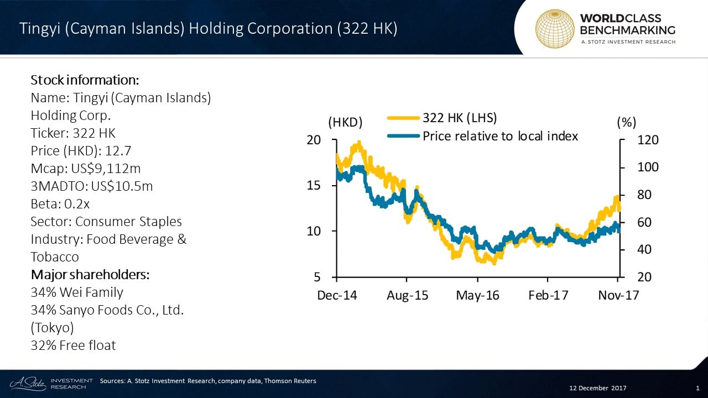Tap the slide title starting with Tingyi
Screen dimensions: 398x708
(x=209, y=29)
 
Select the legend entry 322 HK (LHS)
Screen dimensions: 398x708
(x=460, y=118)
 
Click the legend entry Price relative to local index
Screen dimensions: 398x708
(x=500, y=136)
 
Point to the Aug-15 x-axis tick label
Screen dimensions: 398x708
(x=407, y=295)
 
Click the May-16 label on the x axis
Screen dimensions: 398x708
(x=477, y=295)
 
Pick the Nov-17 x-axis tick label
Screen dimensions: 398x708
(x=618, y=295)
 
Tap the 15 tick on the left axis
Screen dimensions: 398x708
(x=314, y=185)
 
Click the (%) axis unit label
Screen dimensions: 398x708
(x=626, y=123)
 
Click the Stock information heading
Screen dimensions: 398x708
(x=84, y=80)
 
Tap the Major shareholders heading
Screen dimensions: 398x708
(x=90, y=275)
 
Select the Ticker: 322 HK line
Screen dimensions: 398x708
(x=73, y=133)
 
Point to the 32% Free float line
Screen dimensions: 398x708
(x=74, y=345)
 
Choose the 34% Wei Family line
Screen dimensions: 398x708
(x=77, y=292)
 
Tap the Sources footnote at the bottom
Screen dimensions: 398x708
(x=208, y=381)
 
